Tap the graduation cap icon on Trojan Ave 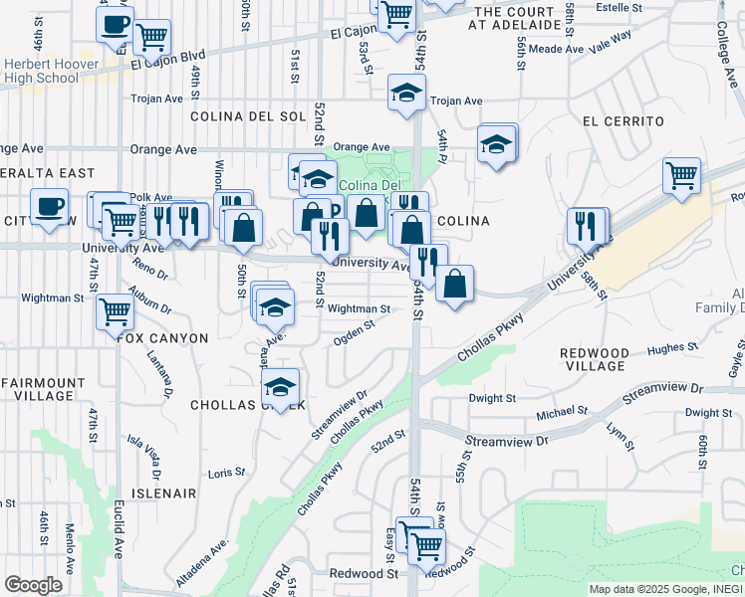pos(405,94)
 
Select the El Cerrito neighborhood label pos(623,121)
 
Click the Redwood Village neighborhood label pos(595,360)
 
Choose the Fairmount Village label pos(43,389)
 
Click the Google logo pos(34,584)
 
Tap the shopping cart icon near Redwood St pos(426,543)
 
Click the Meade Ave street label pos(558,48)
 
